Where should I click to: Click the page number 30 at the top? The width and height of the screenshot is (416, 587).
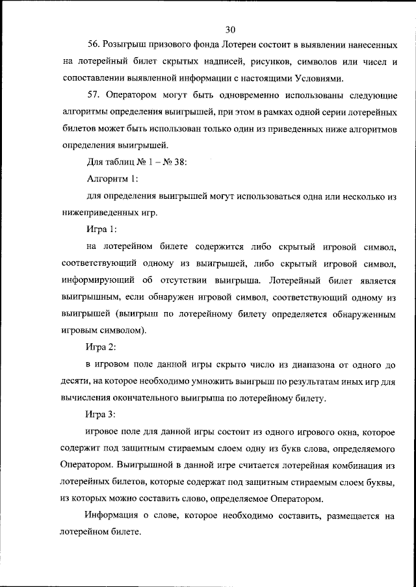(x=231, y=29)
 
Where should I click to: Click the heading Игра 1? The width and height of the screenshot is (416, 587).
(x=101, y=229)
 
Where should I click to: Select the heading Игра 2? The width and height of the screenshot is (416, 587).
(x=101, y=348)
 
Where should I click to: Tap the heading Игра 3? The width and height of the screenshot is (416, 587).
(x=101, y=414)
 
